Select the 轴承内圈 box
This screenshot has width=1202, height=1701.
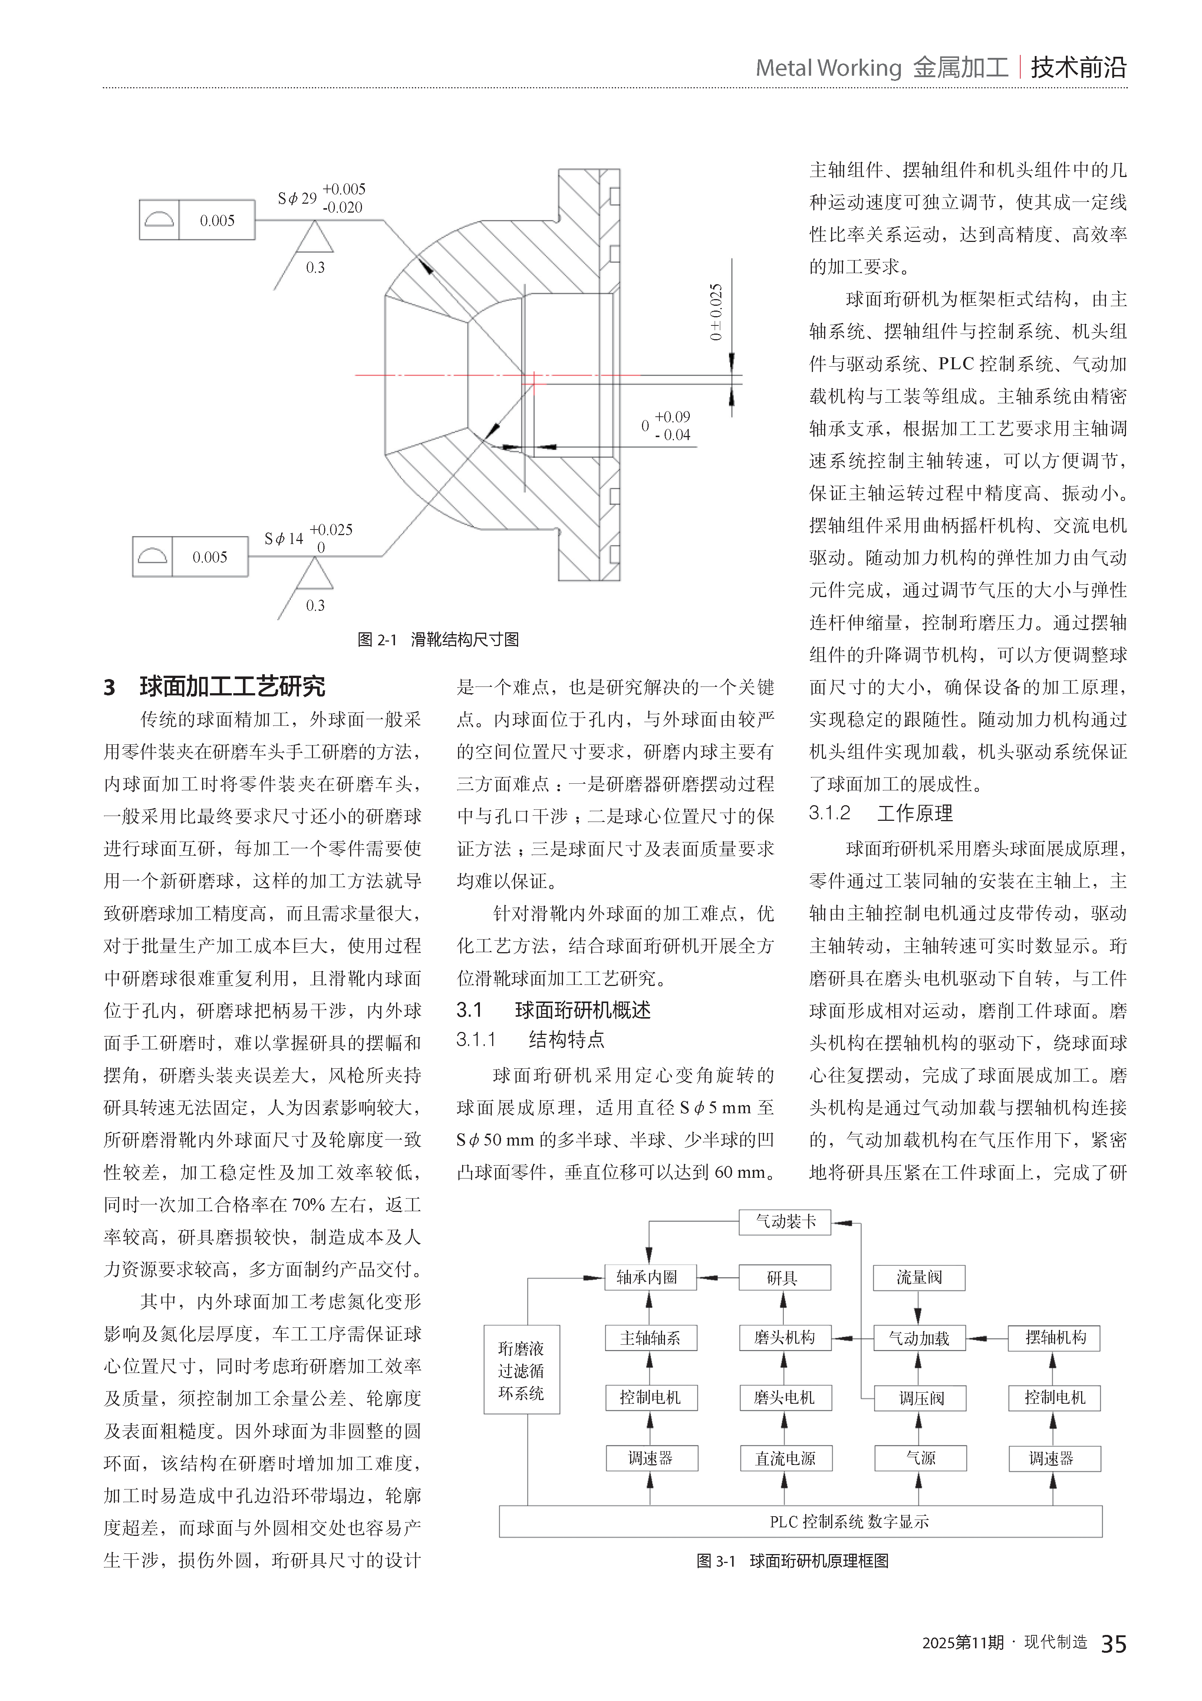650,1277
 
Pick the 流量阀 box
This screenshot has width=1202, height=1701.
919,1277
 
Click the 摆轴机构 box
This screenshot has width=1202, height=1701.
1054,1338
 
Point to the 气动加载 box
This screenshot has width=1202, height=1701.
919,1338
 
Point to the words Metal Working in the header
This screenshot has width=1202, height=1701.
828,68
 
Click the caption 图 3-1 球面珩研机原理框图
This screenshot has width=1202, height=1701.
793,1561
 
